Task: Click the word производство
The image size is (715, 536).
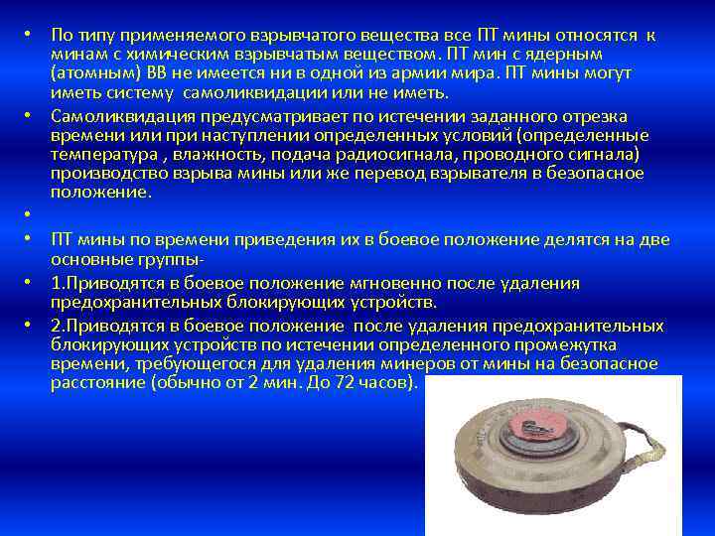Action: pyautogui.click(x=103, y=174)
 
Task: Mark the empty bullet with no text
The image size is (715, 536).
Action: pyautogui.click(x=32, y=214)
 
